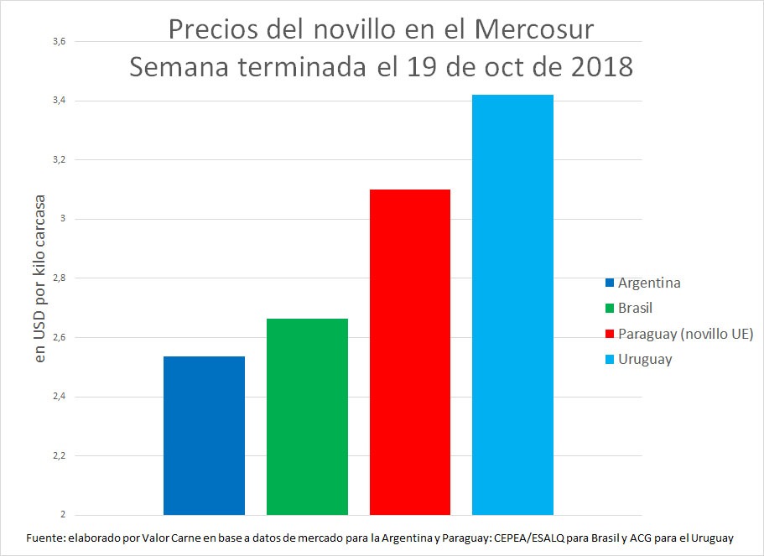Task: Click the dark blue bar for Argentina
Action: (204, 435)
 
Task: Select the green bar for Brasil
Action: (307, 417)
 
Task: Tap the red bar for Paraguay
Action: (410, 352)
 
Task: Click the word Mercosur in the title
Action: (534, 29)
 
